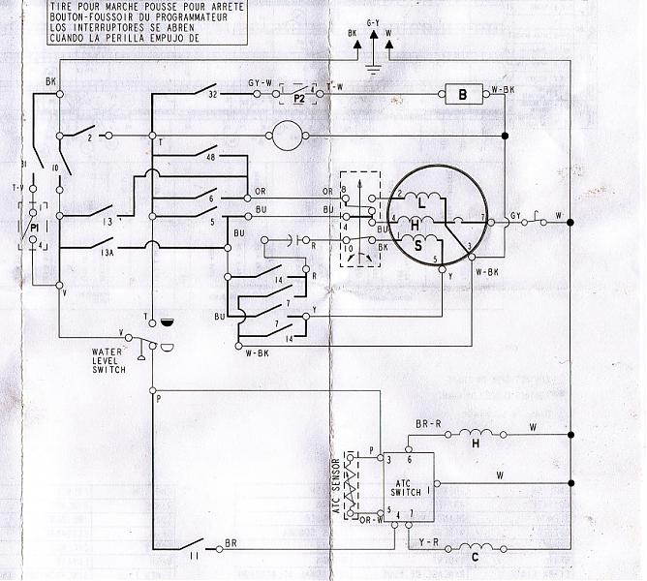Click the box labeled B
463,94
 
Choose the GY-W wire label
261,82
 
